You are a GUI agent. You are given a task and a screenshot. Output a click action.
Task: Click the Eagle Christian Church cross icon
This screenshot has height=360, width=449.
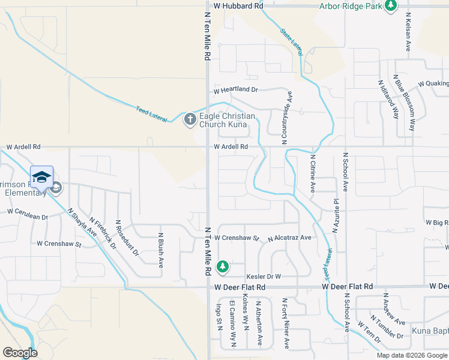click(190, 119)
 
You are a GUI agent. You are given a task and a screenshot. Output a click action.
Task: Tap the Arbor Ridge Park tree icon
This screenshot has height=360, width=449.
click(391, 5)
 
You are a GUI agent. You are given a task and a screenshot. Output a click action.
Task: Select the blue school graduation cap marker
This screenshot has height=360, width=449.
click(41, 177)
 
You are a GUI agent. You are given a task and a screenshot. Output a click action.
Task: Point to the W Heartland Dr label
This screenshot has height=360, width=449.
click(236, 90)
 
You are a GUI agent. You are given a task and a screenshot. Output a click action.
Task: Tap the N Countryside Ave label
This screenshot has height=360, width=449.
click(289, 117)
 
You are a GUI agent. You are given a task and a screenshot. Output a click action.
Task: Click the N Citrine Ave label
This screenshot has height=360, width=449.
click(313, 173)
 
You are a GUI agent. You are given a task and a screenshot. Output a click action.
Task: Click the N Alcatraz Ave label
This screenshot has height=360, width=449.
click(289, 238)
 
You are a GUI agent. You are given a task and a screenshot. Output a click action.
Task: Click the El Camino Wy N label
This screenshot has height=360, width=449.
click(232, 327)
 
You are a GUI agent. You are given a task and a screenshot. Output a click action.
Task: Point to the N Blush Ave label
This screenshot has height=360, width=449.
click(160, 250)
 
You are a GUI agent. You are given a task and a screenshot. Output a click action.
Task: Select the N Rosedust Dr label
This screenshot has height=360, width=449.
click(127, 238)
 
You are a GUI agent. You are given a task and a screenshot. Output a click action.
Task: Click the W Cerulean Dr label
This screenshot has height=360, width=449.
click(27, 211)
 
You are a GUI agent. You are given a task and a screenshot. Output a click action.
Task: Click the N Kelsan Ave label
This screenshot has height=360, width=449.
click(408, 31)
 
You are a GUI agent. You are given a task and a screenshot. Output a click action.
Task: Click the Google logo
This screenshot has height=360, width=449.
click(20, 353)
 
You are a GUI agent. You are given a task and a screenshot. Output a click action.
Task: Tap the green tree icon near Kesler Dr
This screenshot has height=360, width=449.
click(223, 266)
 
